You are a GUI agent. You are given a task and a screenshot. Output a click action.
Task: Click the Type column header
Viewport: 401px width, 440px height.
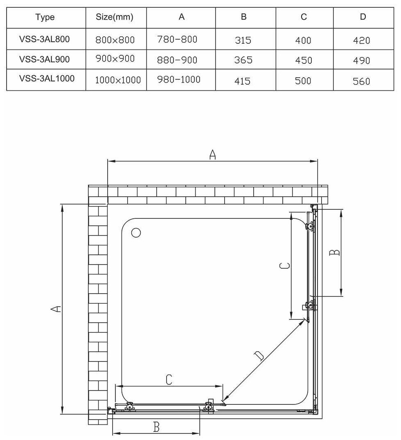[x=45, y=17]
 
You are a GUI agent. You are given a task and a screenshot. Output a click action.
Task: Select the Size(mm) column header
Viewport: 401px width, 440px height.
[x=115, y=17]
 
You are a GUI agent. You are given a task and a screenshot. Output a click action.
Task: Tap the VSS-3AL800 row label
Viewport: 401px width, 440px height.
[x=45, y=40]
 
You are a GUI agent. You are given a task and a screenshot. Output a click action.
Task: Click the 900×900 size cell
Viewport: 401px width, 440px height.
[x=115, y=59]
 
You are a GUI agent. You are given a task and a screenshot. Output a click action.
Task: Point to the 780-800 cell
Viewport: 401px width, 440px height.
[x=177, y=40]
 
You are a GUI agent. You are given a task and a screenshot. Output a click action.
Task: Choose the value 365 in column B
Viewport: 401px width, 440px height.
[x=243, y=60]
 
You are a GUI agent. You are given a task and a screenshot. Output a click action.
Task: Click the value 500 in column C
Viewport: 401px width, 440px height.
[x=303, y=81]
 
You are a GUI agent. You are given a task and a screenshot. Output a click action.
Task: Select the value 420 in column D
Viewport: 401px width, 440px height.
[x=361, y=40]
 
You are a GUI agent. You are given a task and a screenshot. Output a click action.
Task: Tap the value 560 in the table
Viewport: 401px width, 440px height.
[x=361, y=81]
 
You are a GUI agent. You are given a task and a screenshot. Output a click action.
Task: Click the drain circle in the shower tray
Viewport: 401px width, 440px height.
[x=136, y=233]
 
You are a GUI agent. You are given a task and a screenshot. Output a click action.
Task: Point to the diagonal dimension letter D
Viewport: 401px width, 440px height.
[x=259, y=356]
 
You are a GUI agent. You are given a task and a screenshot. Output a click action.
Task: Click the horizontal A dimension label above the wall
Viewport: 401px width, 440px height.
[x=212, y=154]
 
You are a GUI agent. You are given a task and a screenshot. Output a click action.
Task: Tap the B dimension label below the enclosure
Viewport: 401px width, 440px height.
[x=156, y=427]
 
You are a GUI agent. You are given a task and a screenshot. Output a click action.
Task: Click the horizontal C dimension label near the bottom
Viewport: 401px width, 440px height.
[x=169, y=380]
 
